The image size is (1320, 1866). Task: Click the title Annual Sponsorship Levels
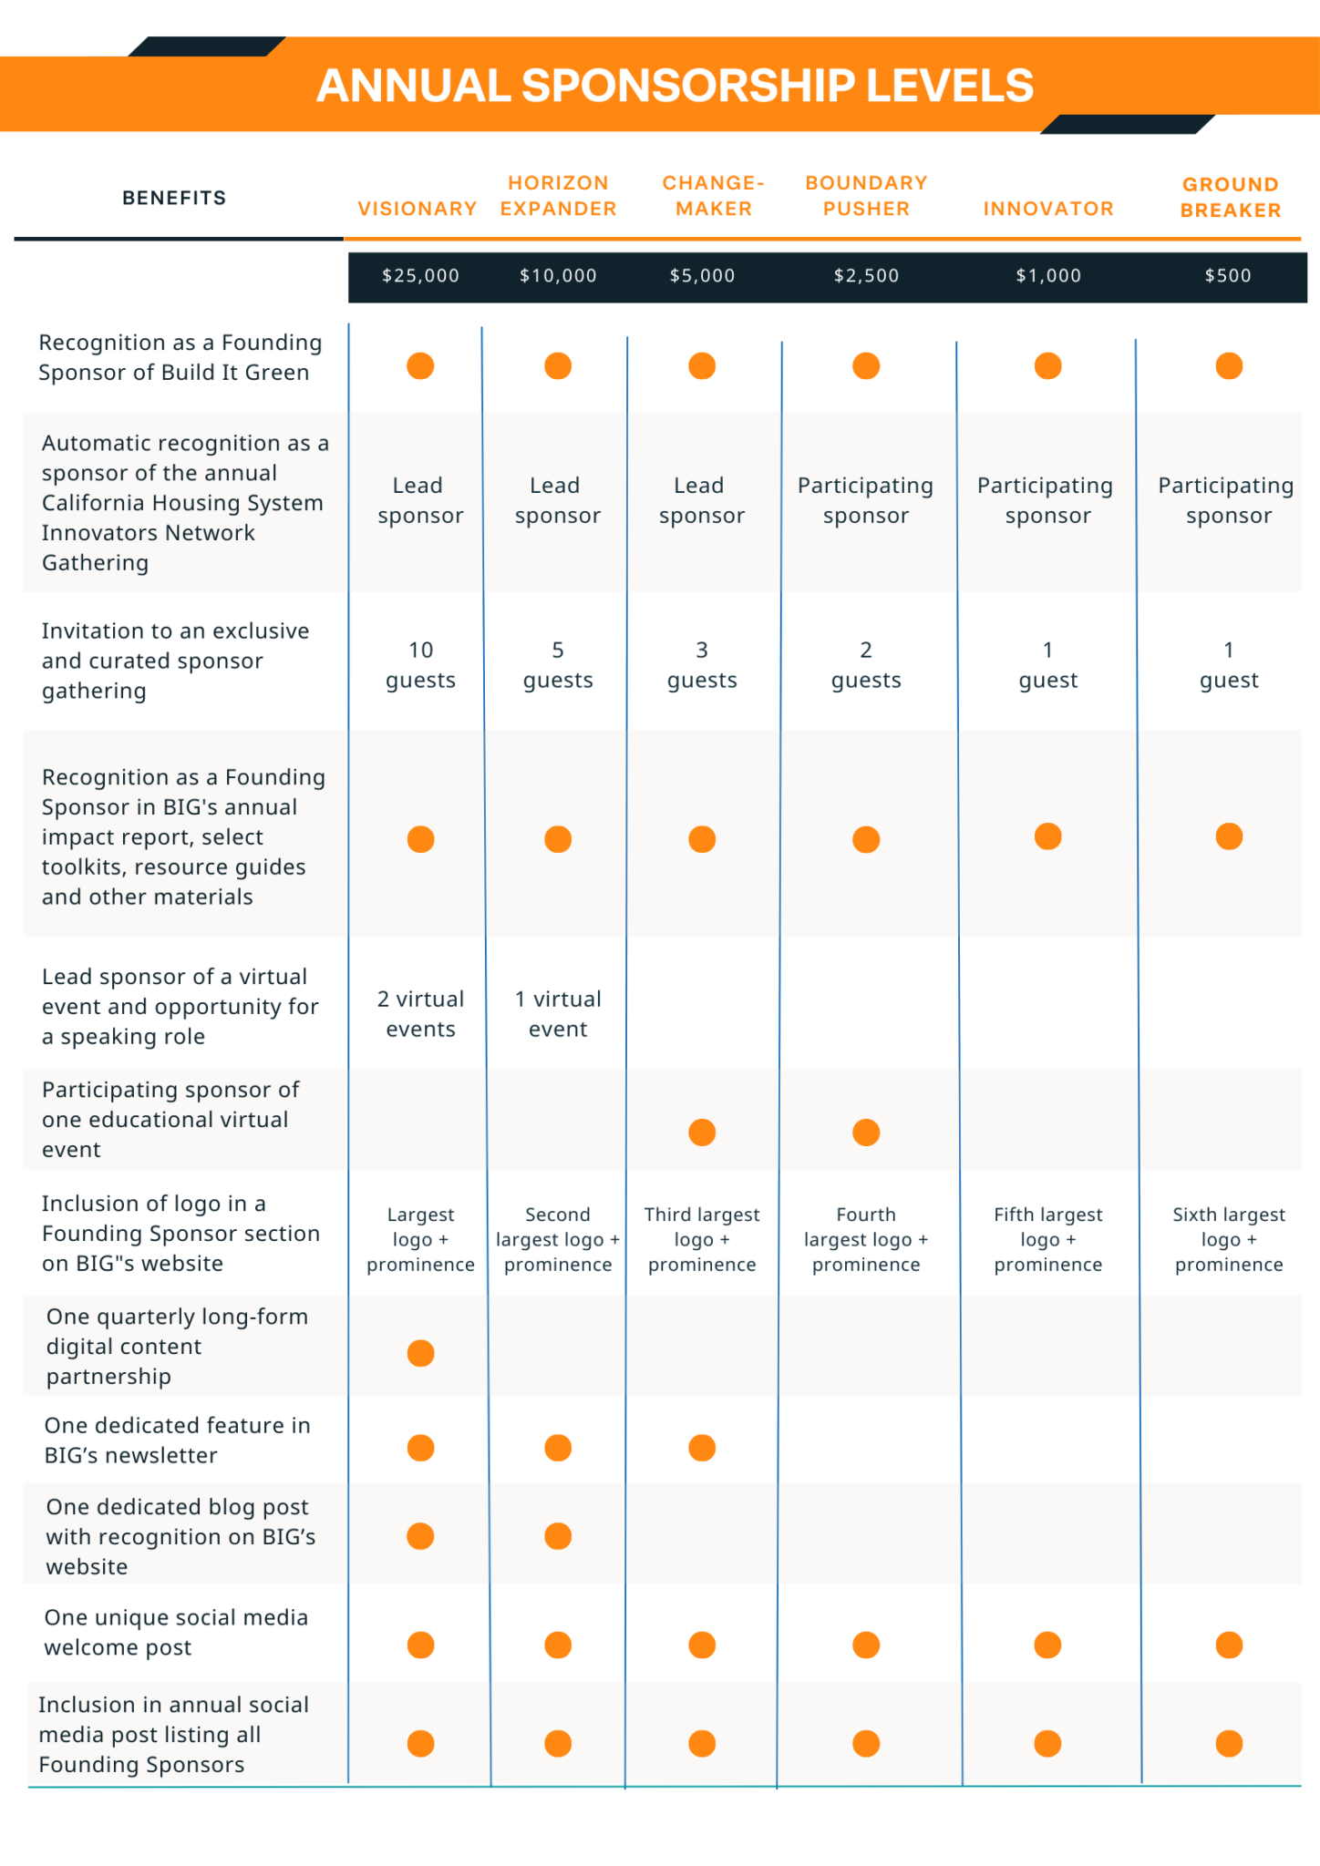[x=675, y=86]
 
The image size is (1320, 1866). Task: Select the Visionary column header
[x=418, y=209]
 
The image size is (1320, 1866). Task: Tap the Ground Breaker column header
[x=1231, y=197]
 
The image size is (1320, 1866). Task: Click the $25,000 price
[x=420, y=275]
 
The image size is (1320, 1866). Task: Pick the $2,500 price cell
[x=866, y=275]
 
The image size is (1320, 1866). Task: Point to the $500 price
[x=1228, y=275]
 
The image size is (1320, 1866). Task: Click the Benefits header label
[x=174, y=198]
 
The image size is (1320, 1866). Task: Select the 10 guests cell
[x=420, y=665]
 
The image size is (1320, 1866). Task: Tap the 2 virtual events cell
[x=420, y=1014]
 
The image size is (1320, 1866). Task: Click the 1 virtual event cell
[x=558, y=1014]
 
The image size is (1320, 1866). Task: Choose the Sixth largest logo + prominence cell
[x=1229, y=1239]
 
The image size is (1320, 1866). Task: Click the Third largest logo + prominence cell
[x=702, y=1239]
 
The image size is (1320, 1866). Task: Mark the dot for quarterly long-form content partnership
[x=420, y=1353]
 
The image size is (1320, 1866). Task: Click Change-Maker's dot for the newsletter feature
[x=702, y=1447]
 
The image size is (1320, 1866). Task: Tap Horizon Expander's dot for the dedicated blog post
[x=558, y=1536]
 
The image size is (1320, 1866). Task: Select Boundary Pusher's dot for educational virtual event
[x=866, y=1133]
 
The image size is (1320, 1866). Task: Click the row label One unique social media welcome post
[x=176, y=1632]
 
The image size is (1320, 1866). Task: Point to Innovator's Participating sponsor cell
[x=1046, y=500]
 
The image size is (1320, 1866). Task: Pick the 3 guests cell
[x=702, y=665]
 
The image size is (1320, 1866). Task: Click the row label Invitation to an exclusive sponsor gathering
[x=175, y=661]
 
